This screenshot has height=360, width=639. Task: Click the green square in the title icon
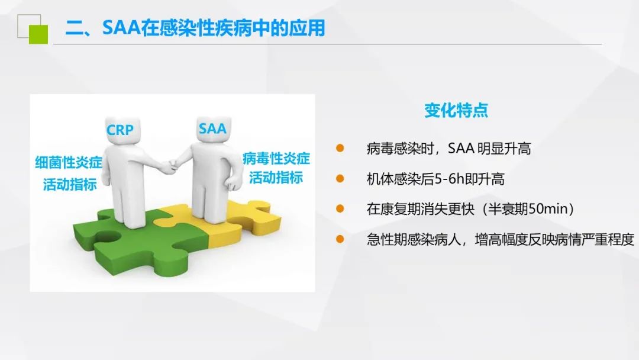(38, 34)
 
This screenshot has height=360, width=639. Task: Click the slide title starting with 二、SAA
(195, 28)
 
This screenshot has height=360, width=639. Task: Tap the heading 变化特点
(456, 110)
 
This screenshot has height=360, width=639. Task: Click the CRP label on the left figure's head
(120, 130)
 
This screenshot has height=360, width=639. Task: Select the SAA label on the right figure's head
(212, 129)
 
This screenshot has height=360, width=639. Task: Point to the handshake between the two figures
(170, 166)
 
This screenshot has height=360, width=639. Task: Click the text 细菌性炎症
(69, 163)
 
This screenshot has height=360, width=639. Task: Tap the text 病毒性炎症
(276, 158)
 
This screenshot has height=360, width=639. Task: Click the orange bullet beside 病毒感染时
(340, 148)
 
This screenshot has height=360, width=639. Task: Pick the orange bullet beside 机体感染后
(340, 178)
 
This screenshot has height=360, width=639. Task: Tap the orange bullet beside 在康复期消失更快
(340, 209)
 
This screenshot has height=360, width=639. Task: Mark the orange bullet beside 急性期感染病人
(340, 239)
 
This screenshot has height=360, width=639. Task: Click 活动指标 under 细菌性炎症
(70, 184)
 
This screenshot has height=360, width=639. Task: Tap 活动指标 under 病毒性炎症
(276, 178)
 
